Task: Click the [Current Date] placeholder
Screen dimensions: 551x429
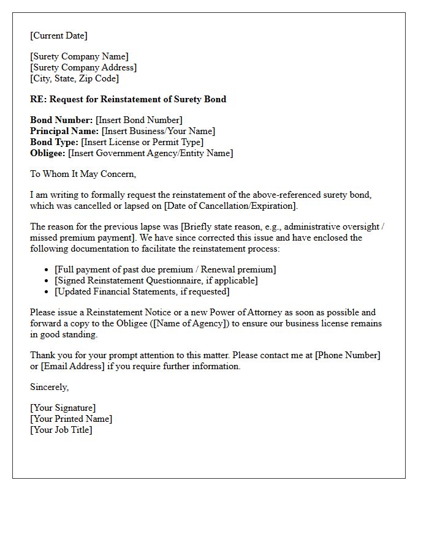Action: coord(59,36)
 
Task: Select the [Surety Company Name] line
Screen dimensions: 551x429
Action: coord(79,57)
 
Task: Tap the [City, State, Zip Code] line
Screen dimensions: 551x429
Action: coord(74,78)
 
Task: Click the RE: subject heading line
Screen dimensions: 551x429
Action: coord(128,99)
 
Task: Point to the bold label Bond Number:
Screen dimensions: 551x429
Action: coord(61,121)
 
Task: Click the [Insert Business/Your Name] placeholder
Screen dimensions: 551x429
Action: coord(158,131)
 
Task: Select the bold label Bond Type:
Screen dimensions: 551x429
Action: coord(55,142)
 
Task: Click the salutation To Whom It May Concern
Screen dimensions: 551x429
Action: coord(83,174)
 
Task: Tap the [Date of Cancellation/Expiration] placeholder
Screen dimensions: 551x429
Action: coord(230,206)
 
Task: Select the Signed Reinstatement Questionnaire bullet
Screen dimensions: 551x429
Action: coord(156,280)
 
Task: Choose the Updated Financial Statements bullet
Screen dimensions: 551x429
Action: coord(142,291)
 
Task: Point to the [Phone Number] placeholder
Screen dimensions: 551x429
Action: coord(347,355)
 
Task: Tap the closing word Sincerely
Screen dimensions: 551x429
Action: coord(50,387)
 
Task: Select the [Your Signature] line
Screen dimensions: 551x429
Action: coord(63,408)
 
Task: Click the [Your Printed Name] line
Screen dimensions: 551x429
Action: coord(71,419)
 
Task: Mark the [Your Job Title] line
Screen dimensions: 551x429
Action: coord(61,430)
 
